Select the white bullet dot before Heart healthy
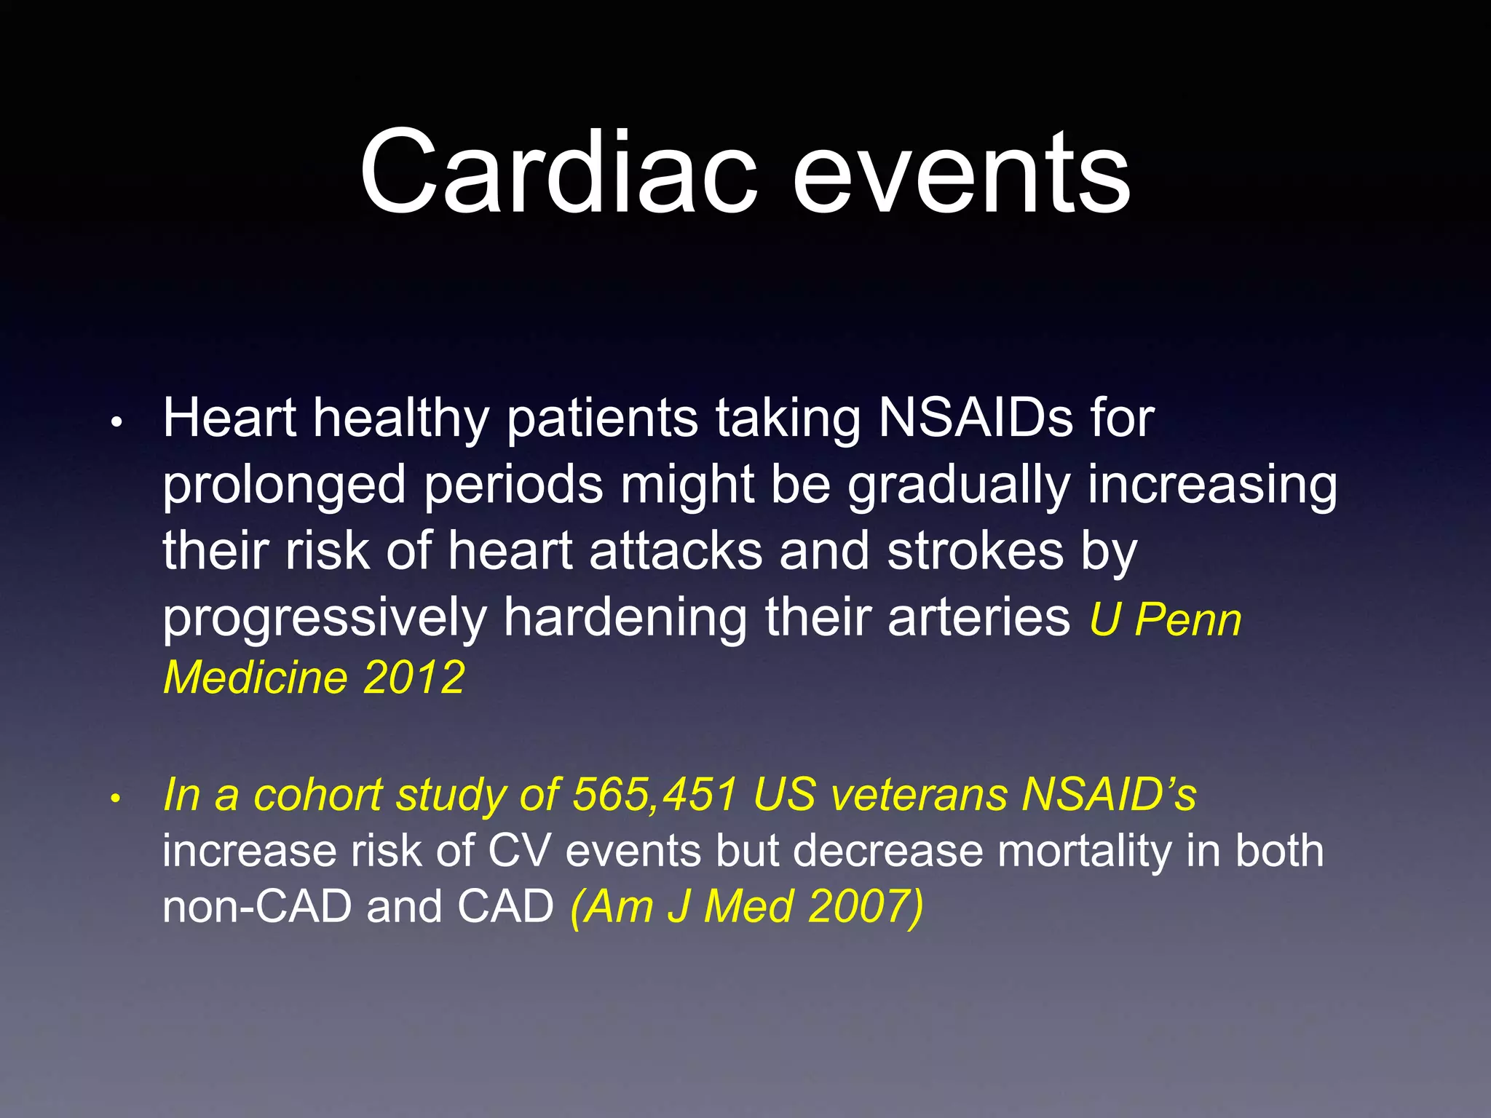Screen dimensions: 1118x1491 pyautogui.click(x=115, y=422)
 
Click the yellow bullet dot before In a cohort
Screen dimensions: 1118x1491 pyautogui.click(x=114, y=798)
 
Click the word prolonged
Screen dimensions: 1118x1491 pyautogui.click(x=284, y=486)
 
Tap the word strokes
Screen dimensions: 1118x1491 pyautogui.click(x=976, y=550)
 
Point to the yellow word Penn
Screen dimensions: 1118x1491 pyautogui.click(x=1188, y=620)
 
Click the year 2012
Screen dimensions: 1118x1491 pyautogui.click(x=414, y=677)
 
